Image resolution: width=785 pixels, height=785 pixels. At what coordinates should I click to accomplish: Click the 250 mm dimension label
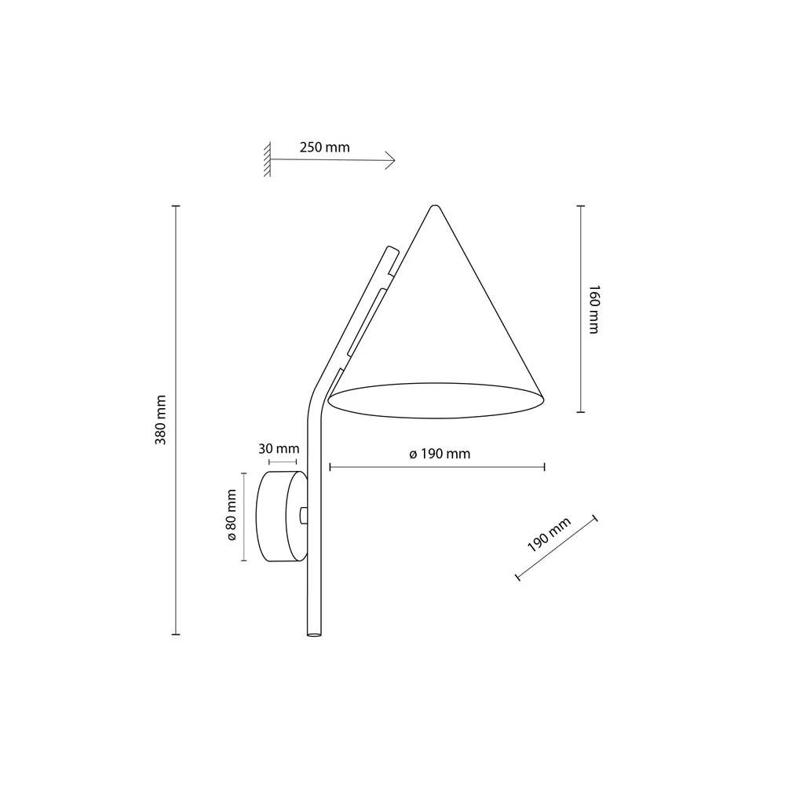point(324,148)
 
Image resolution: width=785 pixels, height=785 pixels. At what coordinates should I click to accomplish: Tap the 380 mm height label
point(161,419)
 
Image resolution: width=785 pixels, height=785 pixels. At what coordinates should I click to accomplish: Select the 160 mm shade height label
point(593,309)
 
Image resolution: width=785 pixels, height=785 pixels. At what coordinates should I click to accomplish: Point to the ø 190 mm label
point(440,454)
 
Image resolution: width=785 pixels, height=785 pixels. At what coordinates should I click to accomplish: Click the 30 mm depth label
point(279,448)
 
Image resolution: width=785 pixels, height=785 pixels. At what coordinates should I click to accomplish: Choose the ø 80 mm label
point(232,515)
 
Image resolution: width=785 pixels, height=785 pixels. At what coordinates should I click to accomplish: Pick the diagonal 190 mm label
point(549,535)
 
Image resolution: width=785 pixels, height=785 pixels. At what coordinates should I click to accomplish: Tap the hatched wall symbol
point(268,159)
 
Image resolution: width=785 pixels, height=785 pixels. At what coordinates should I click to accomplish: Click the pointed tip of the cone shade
point(435,206)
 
